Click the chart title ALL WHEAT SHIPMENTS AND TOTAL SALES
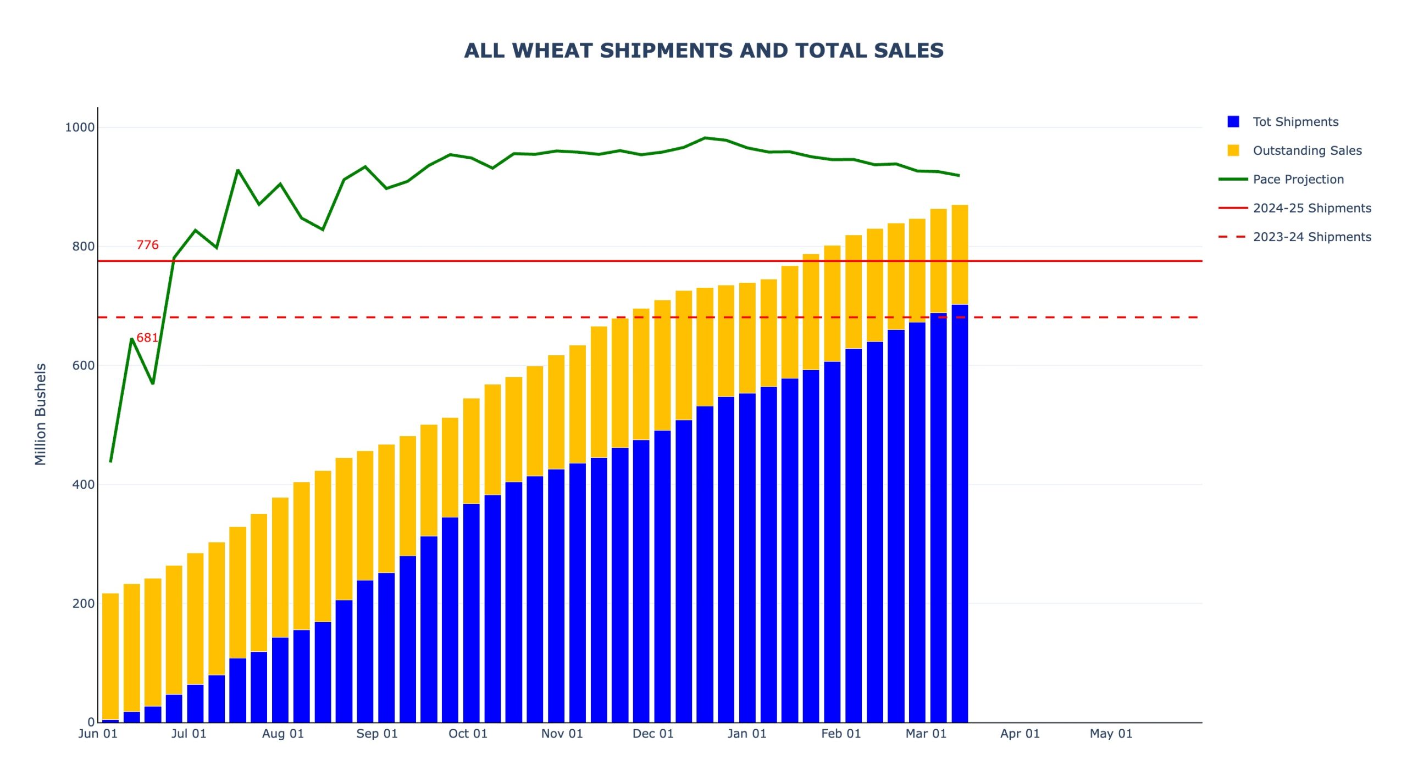click(703, 51)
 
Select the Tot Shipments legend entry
click(1295, 122)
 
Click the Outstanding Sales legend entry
click(1306, 150)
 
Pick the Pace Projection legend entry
click(1298, 180)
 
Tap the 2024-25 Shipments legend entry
click(1311, 208)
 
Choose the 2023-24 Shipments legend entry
click(1311, 237)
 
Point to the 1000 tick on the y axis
click(80, 127)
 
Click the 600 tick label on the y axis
click(83, 366)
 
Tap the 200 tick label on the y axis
click(83, 604)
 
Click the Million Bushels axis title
click(41, 415)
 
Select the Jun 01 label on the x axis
click(98, 734)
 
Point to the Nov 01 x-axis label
click(562, 734)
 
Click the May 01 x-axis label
click(1111, 734)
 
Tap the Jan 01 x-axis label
click(746, 734)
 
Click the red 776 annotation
click(147, 245)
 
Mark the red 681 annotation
click(147, 338)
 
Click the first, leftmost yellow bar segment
click(110, 656)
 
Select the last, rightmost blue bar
click(960, 513)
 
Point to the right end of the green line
click(959, 176)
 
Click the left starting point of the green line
click(110, 462)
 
